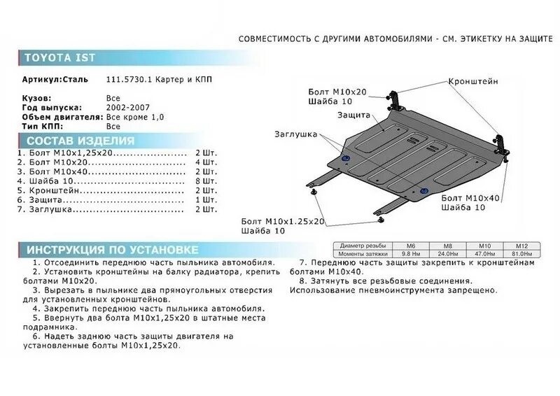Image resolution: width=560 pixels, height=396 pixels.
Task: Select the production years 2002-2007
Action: click(x=127, y=109)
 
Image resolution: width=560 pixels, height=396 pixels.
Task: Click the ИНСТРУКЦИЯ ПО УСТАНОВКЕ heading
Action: click(x=112, y=250)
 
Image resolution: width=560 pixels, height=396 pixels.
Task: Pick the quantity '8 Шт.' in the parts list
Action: click(x=206, y=181)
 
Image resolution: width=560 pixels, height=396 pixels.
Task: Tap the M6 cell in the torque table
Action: click(x=410, y=246)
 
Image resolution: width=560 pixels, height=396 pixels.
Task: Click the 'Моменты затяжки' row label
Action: click(x=362, y=253)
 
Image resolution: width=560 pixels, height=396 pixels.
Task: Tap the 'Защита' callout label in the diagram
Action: click(x=353, y=115)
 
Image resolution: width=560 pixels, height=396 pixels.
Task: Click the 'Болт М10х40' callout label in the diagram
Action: click(x=470, y=199)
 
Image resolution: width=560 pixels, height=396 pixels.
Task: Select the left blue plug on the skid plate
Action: click(x=346, y=161)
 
